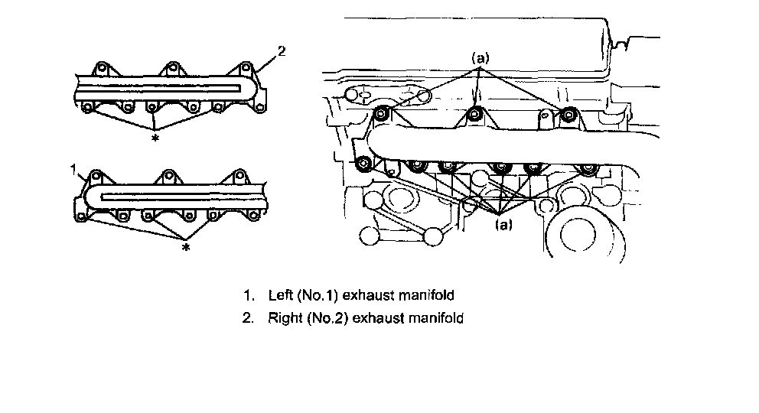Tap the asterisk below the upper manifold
[155, 138]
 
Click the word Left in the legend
[280, 294]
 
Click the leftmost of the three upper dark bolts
[382, 115]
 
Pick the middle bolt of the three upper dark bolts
[474, 115]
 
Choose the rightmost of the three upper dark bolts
[568, 115]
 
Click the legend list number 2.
[246, 317]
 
